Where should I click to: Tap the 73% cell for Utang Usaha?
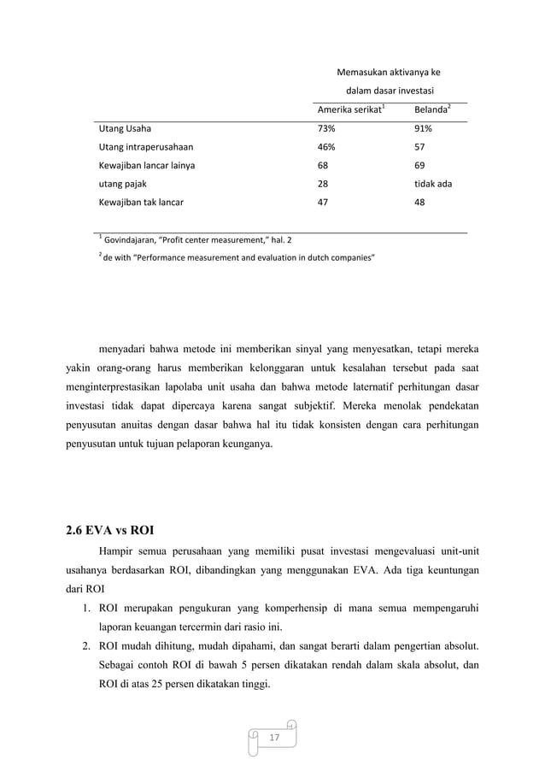[x=326, y=129]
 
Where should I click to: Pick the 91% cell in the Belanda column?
[x=422, y=129]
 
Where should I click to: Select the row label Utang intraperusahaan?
[x=146, y=147]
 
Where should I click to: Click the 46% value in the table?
[x=326, y=147]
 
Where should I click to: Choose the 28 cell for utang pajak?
[x=323, y=184]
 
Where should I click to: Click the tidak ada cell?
[x=432, y=184]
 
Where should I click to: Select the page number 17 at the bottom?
[x=272, y=736]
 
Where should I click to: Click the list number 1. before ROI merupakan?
[x=88, y=609]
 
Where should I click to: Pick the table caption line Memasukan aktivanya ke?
[x=389, y=73]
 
